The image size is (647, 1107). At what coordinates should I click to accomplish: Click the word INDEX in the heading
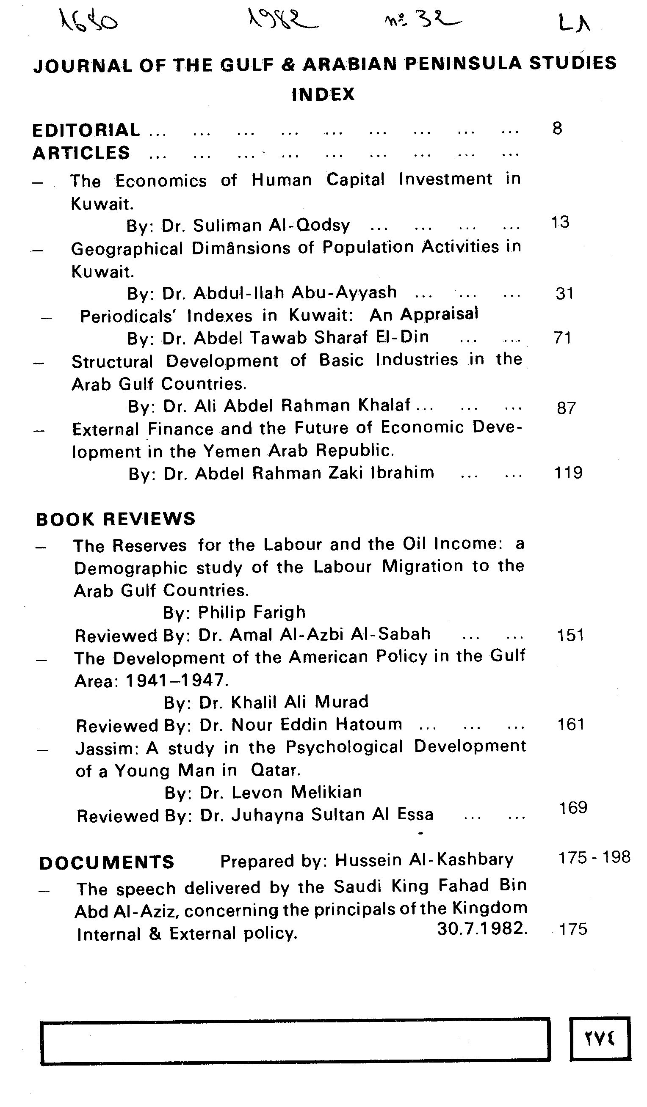pos(323,94)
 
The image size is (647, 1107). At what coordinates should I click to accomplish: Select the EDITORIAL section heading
pos(86,130)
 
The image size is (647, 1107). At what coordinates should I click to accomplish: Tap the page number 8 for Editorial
pos(557,128)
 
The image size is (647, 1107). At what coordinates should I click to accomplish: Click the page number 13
pos(560,222)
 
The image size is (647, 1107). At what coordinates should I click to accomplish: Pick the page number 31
pos(564,293)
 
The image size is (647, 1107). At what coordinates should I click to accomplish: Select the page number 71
pos(563,337)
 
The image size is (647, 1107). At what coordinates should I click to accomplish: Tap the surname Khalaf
pos(384,405)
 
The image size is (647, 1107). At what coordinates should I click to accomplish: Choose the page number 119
pos(568,473)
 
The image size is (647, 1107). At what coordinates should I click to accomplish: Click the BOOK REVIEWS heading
pos(116,519)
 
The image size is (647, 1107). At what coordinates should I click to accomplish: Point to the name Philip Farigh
pos(252,612)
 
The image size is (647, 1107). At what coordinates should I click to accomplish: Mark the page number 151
pos(570,635)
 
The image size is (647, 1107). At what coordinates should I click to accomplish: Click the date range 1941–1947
pos(176,680)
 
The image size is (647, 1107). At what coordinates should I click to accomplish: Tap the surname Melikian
pos(326,792)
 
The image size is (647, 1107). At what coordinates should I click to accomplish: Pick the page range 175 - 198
pos(594,857)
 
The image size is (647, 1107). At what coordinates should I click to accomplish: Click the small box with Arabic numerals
pos(600,1038)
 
